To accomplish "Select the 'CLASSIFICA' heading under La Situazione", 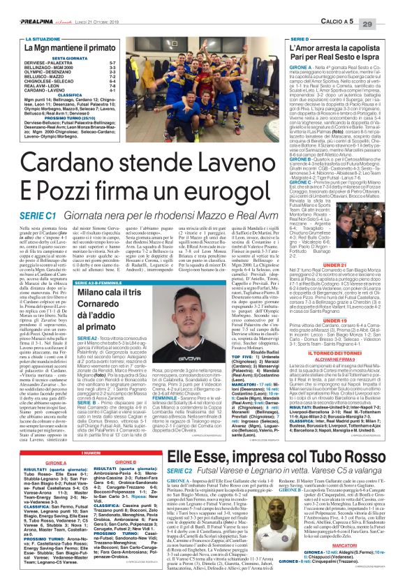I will (68, 94).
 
